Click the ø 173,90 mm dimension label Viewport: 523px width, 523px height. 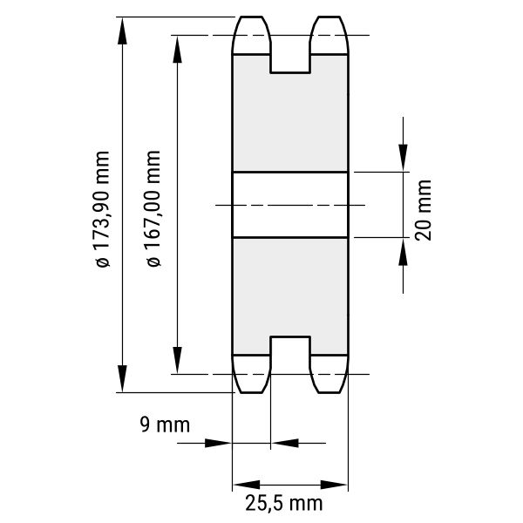(x=102, y=209)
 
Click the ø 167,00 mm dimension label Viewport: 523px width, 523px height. (x=153, y=208)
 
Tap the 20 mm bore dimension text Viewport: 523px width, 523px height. (x=423, y=210)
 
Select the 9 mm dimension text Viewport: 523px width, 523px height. (x=165, y=425)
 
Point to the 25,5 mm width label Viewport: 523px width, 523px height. (x=284, y=503)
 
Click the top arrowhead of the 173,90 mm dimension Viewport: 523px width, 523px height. (x=122, y=31)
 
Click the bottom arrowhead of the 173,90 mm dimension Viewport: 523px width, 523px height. (x=122, y=378)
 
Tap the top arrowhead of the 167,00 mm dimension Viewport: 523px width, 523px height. (x=177, y=50)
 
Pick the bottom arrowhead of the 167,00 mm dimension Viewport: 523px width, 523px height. (x=177, y=360)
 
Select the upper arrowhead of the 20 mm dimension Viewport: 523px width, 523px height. (x=403, y=158)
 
